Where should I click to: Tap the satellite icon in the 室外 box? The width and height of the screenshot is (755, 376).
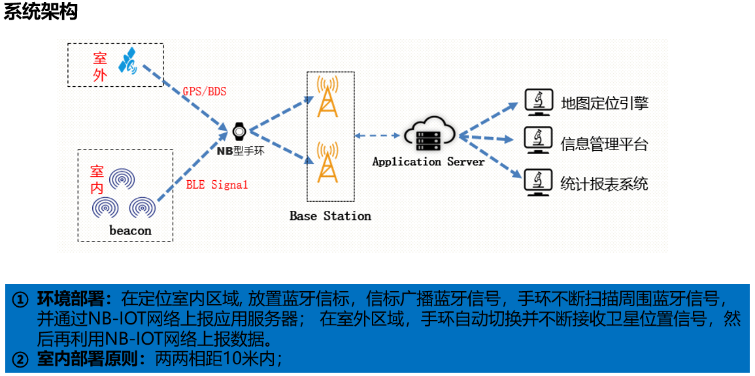[127, 61]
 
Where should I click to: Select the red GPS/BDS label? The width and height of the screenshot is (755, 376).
[205, 91]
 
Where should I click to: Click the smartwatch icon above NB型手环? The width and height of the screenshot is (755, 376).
[239, 131]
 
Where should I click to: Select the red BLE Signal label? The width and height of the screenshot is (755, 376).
[217, 185]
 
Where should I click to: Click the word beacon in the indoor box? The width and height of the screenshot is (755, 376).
[130, 230]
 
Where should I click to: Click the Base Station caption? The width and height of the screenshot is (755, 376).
[330, 216]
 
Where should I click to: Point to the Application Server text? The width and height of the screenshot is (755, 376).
[428, 162]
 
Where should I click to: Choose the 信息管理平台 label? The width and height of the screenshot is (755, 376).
[604, 144]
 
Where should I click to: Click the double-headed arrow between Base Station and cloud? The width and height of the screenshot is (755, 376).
[378, 136]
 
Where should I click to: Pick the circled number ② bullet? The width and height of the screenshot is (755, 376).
[22, 359]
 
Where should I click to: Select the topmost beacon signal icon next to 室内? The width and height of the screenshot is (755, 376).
[122, 178]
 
